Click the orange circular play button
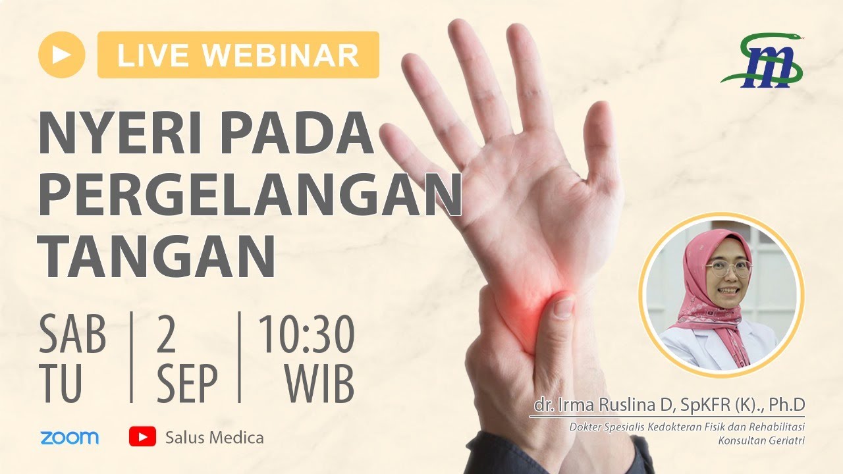(62, 55)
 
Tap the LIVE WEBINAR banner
(238, 55)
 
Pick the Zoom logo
(69, 437)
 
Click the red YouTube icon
(142, 436)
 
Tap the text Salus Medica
(215, 437)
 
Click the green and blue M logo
(763, 61)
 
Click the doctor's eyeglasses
(728, 267)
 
